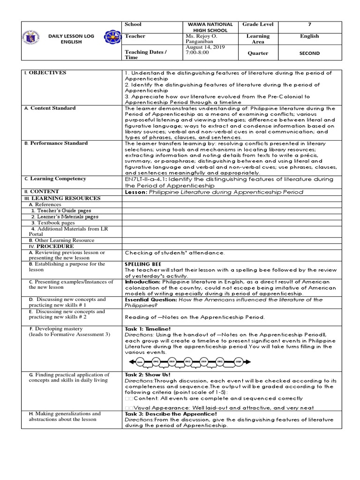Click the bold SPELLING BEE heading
coord(143,264)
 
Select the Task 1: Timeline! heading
coord(144,330)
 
